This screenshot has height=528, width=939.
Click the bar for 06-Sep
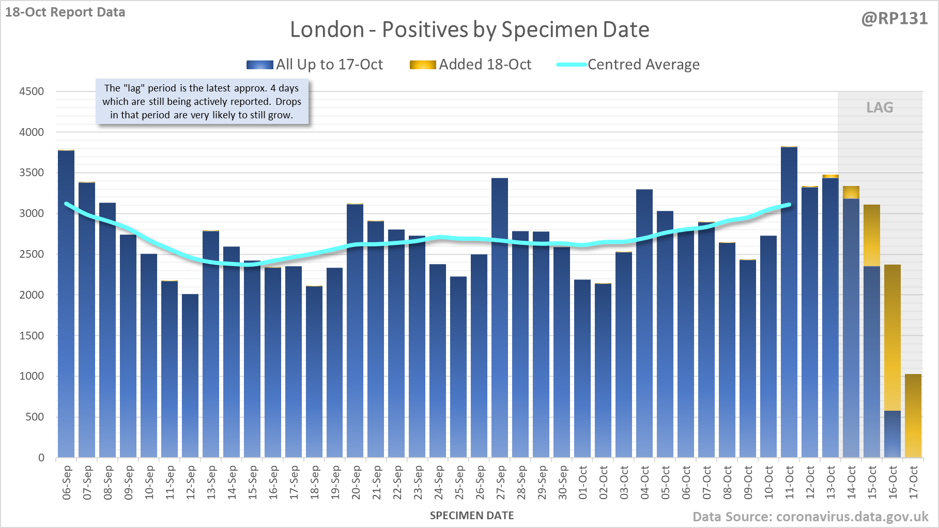coord(66,305)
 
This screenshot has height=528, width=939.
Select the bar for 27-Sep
coord(500,318)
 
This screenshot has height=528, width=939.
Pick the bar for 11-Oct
coord(789,302)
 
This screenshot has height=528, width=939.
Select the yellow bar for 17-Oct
coord(913,416)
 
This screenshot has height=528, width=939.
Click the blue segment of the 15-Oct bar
coord(872,362)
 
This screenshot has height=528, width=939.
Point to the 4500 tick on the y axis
coord(32,91)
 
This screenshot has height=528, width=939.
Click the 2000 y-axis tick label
coord(32,295)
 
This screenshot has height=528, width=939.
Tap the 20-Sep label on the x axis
coord(356,483)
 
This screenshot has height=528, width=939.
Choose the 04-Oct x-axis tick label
coord(645,483)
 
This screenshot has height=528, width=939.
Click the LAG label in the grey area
coord(880,107)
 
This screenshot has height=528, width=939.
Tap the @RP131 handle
coord(895,19)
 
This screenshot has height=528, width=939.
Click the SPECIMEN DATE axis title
coord(472,516)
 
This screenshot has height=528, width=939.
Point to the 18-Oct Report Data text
coord(65,12)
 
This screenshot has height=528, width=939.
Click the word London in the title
coord(327,29)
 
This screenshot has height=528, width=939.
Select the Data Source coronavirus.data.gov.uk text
coord(810,517)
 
